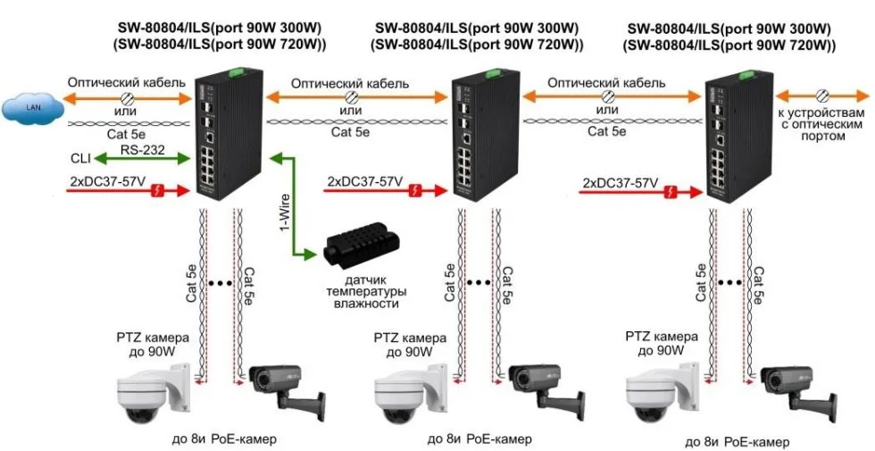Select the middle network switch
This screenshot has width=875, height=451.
pos(483,143)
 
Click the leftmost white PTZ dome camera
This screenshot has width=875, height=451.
pos(153,397)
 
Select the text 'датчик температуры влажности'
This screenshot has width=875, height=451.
pos(361,292)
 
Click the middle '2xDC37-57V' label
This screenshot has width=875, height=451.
pos(363,182)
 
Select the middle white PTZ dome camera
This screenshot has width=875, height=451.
pos(407,398)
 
